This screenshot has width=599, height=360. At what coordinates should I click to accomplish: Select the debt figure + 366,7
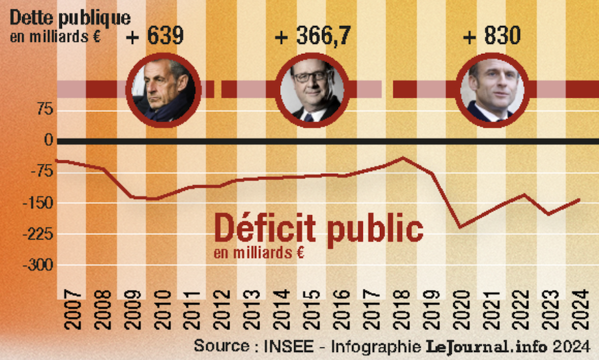[x=313, y=36]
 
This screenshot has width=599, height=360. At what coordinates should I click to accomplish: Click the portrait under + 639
[x=164, y=89]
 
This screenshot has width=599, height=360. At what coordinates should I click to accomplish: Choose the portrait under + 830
[x=495, y=89]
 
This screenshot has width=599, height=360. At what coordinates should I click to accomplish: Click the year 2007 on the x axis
[x=71, y=311]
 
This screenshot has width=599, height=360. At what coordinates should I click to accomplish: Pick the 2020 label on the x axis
[x=459, y=311]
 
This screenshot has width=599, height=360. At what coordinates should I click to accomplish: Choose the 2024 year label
[x=578, y=311]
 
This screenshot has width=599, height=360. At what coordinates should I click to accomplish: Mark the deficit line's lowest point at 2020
[x=459, y=227]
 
